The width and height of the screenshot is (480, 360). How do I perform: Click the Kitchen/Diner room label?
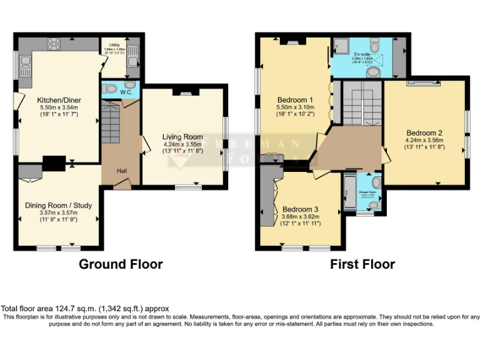point(59,100)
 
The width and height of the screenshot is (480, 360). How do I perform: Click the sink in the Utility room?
point(133,61)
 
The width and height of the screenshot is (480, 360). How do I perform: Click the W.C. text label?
point(125,93)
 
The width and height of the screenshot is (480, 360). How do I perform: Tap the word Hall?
point(122,171)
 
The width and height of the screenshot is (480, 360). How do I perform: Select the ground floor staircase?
point(110,122)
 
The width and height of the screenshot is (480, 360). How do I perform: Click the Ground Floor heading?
point(121,264)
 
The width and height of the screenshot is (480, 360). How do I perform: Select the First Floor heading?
point(362,264)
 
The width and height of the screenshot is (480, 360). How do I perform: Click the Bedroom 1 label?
point(295,100)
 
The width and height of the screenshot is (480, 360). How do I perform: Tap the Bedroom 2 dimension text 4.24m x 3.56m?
point(424,140)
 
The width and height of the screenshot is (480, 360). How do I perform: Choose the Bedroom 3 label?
point(301,209)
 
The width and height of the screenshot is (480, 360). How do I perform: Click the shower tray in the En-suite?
point(341,45)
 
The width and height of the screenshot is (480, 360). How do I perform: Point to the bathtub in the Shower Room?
point(349,193)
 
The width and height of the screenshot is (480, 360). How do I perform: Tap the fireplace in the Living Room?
point(186,92)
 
